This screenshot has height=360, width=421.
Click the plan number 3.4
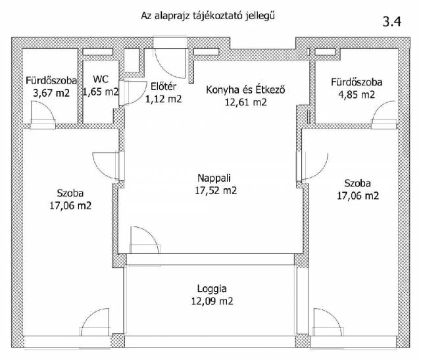click(392, 22)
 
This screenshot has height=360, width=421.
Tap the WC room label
click(101, 79)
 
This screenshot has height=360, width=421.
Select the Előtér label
click(163, 86)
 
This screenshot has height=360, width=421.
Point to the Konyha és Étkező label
click(245, 90)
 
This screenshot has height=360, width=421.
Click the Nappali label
click(214, 178)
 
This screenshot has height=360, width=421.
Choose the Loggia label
click(212, 289)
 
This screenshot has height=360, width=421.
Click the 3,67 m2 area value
click(51, 93)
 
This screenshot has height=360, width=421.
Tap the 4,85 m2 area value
click(357, 95)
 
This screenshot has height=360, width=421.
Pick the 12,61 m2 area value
click(245, 103)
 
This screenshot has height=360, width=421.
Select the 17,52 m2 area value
click(216, 190)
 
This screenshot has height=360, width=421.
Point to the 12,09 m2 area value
click(212, 301)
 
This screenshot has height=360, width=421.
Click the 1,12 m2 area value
click(164, 99)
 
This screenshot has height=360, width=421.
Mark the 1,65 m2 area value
click(101, 92)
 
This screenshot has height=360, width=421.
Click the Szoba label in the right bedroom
click(358, 183)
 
